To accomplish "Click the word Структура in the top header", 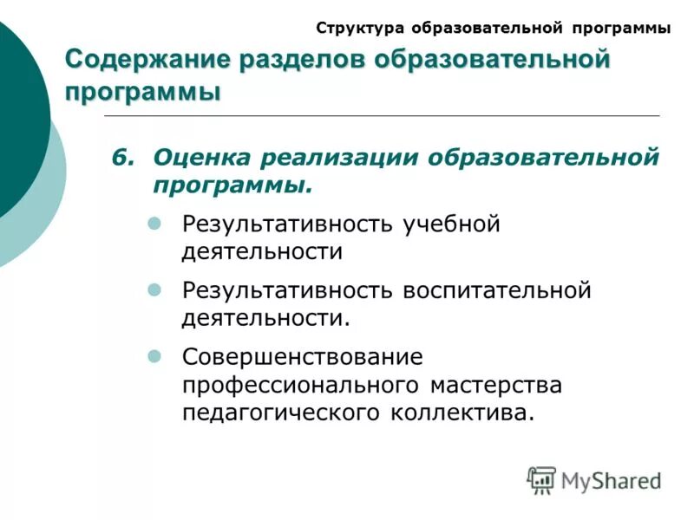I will (x=360, y=28).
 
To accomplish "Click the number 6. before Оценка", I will (x=124, y=158).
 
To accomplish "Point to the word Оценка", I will (x=201, y=158).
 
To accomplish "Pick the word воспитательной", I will (x=496, y=290).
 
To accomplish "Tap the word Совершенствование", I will (x=303, y=356).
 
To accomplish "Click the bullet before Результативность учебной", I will (x=155, y=224).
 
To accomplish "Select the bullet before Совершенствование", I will (x=155, y=356).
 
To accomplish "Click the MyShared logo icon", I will (x=541, y=479).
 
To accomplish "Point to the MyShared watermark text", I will (x=611, y=479).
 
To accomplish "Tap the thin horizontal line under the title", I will (x=382, y=115).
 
